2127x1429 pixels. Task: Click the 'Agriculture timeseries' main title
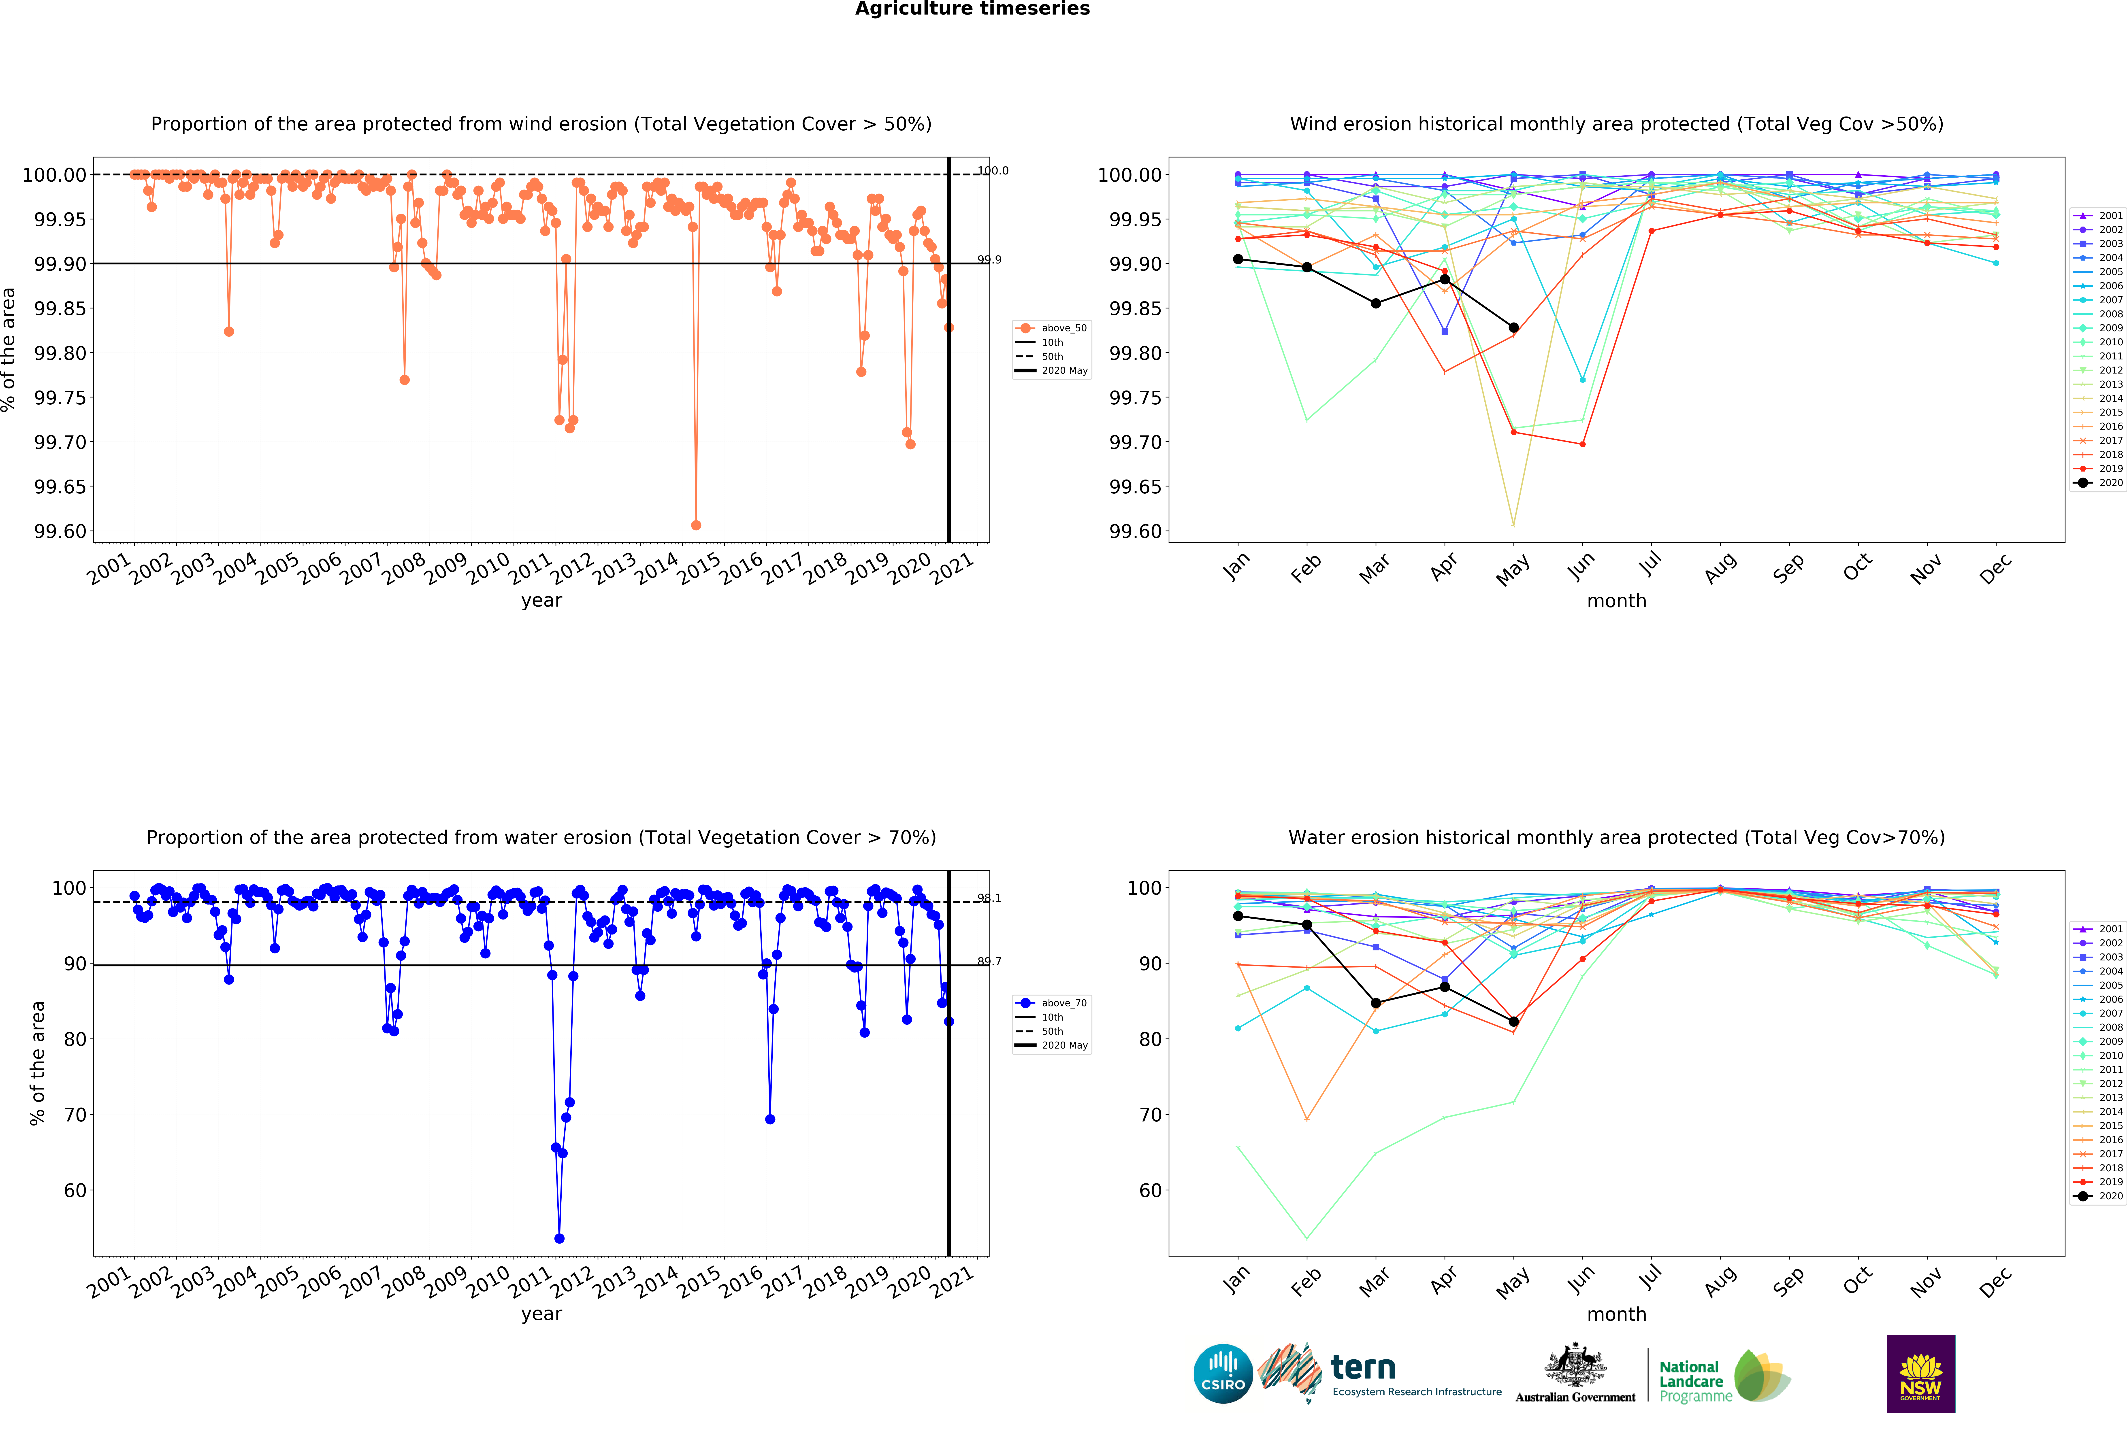point(972,9)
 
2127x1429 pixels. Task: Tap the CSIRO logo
point(1223,1373)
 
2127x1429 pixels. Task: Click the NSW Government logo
point(1920,1373)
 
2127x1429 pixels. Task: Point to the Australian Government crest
point(1575,1372)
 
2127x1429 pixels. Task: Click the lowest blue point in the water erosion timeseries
point(559,1238)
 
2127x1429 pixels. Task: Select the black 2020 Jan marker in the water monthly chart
point(1238,916)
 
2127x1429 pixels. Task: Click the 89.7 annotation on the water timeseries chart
point(989,962)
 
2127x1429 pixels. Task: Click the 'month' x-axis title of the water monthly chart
point(1616,1314)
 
